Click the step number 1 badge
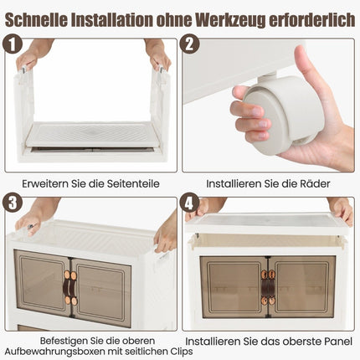pos(13,44)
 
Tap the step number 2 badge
pos(190,44)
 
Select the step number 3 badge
pos(13,203)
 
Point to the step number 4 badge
pos(189,203)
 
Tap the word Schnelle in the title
pos(36,19)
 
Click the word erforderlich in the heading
pos(311,19)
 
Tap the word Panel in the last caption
pos(338,342)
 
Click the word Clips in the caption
pos(181,351)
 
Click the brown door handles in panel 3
pos(69,288)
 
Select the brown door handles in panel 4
pos(268,287)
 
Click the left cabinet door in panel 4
pos(234,287)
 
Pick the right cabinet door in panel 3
pos(101,292)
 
